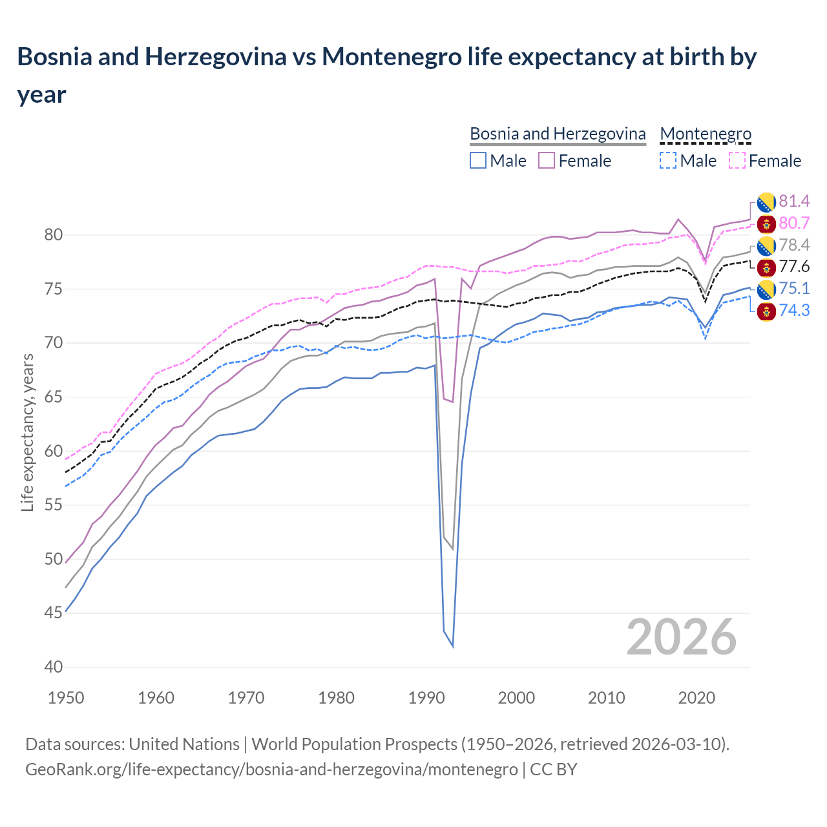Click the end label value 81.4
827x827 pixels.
pyautogui.click(x=794, y=202)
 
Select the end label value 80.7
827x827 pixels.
pyautogui.click(x=794, y=224)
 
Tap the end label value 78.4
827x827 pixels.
pyautogui.click(x=794, y=245)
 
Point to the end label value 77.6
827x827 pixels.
pyautogui.click(x=794, y=267)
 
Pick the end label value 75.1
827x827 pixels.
pyautogui.click(x=794, y=289)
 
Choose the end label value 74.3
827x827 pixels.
pyautogui.click(x=794, y=311)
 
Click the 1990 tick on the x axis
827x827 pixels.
pyautogui.click(x=426, y=698)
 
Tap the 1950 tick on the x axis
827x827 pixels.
pyautogui.click(x=66, y=698)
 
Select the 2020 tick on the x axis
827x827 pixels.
pyautogui.click(x=696, y=698)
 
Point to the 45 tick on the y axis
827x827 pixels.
pyautogui.click(x=53, y=613)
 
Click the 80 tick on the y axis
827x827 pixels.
pyautogui.click(x=53, y=235)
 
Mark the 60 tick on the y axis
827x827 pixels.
pyautogui.click(x=53, y=451)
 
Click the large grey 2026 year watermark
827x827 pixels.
pyautogui.click(x=681, y=637)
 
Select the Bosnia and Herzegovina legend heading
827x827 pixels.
pyautogui.click(x=557, y=134)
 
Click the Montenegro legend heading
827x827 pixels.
pyautogui.click(x=706, y=134)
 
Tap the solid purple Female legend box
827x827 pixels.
pyautogui.click(x=547, y=160)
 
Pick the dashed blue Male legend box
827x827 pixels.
pyautogui.click(x=668, y=160)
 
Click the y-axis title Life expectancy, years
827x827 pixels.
pyautogui.click(x=27, y=433)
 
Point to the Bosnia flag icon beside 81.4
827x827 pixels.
pyautogui.click(x=766, y=202)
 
